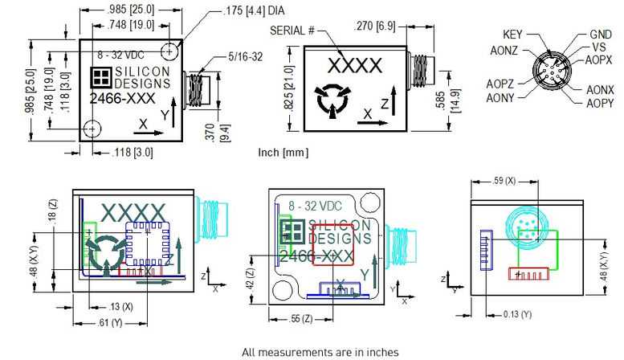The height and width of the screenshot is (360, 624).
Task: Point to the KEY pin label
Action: [x=513, y=35]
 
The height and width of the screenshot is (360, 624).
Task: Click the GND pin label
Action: [x=601, y=35]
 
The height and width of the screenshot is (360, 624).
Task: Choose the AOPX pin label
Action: [x=600, y=60]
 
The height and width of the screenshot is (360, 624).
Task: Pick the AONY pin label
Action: [x=500, y=98]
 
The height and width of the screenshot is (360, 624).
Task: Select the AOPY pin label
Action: [x=600, y=103]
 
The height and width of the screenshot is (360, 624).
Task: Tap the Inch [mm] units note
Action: [x=283, y=152]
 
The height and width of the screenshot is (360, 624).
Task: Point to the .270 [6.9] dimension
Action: [x=377, y=27]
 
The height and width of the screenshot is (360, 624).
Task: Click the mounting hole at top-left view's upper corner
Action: [x=169, y=51]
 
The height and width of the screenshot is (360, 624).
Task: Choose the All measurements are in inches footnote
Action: [x=319, y=351]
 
